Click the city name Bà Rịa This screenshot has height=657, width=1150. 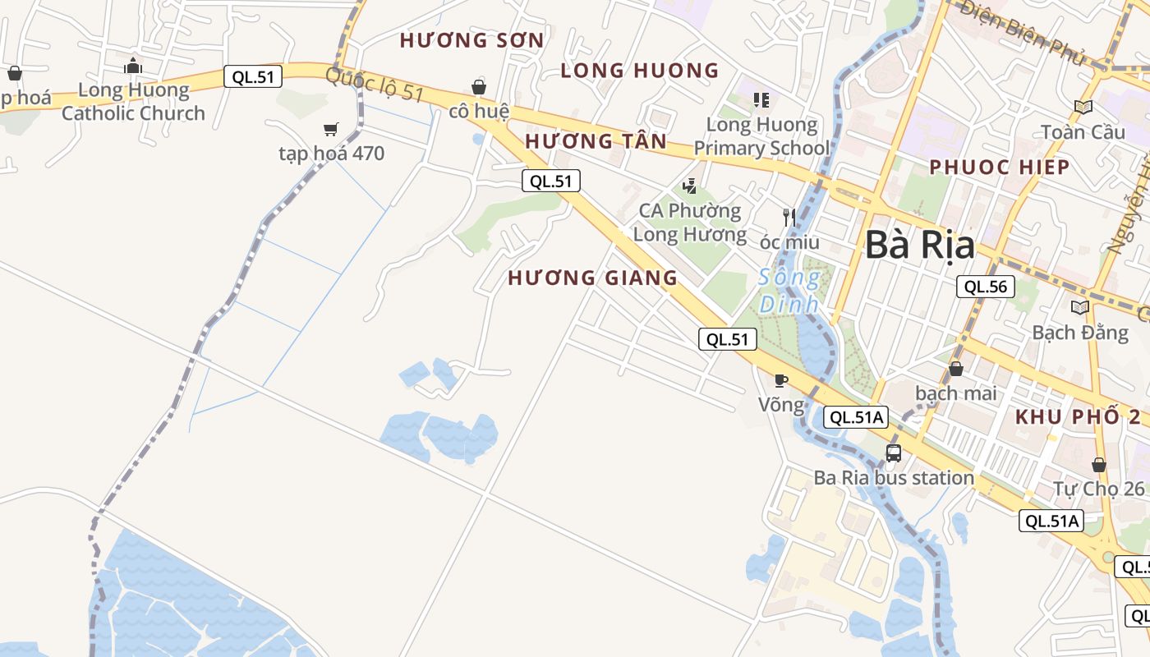click(920, 246)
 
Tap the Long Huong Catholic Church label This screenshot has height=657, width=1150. click(133, 102)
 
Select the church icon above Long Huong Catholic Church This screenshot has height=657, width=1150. click(133, 67)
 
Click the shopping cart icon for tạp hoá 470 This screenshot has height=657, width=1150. click(331, 129)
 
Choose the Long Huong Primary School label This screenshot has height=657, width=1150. click(761, 136)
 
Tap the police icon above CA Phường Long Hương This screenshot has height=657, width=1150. click(690, 186)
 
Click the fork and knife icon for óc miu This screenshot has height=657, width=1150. click(789, 218)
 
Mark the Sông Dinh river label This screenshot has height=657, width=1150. click(789, 291)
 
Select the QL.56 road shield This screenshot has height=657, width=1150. click(986, 287)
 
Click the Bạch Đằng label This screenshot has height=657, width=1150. click(1079, 333)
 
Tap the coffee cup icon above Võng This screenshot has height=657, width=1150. click(781, 380)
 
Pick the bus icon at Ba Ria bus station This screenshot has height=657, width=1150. click(894, 453)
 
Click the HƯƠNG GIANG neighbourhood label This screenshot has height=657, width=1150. click(592, 278)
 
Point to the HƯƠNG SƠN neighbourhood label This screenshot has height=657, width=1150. click(471, 40)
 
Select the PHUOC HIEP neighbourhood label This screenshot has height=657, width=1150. click(999, 168)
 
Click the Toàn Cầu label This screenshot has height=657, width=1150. click(1083, 131)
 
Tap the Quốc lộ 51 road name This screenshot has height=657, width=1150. click(374, 86)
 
